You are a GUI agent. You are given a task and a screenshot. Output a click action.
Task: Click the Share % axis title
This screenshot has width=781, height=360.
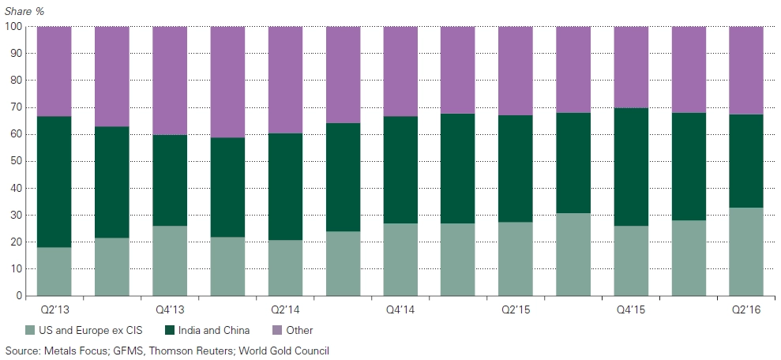[25, 10]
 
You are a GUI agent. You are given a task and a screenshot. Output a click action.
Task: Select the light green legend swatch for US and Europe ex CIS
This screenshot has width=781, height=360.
[31, 329]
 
